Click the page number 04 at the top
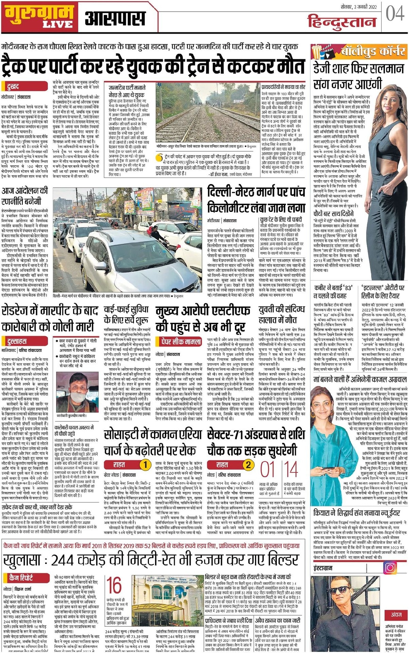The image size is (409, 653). point(395,14)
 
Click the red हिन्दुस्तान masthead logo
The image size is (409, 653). point(342,22)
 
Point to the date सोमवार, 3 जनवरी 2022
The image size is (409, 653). point(359,7)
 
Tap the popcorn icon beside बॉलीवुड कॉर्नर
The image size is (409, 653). point(317,52)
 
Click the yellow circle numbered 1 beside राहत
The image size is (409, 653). point(145,465)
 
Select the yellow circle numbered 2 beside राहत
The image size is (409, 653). point(249,465)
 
